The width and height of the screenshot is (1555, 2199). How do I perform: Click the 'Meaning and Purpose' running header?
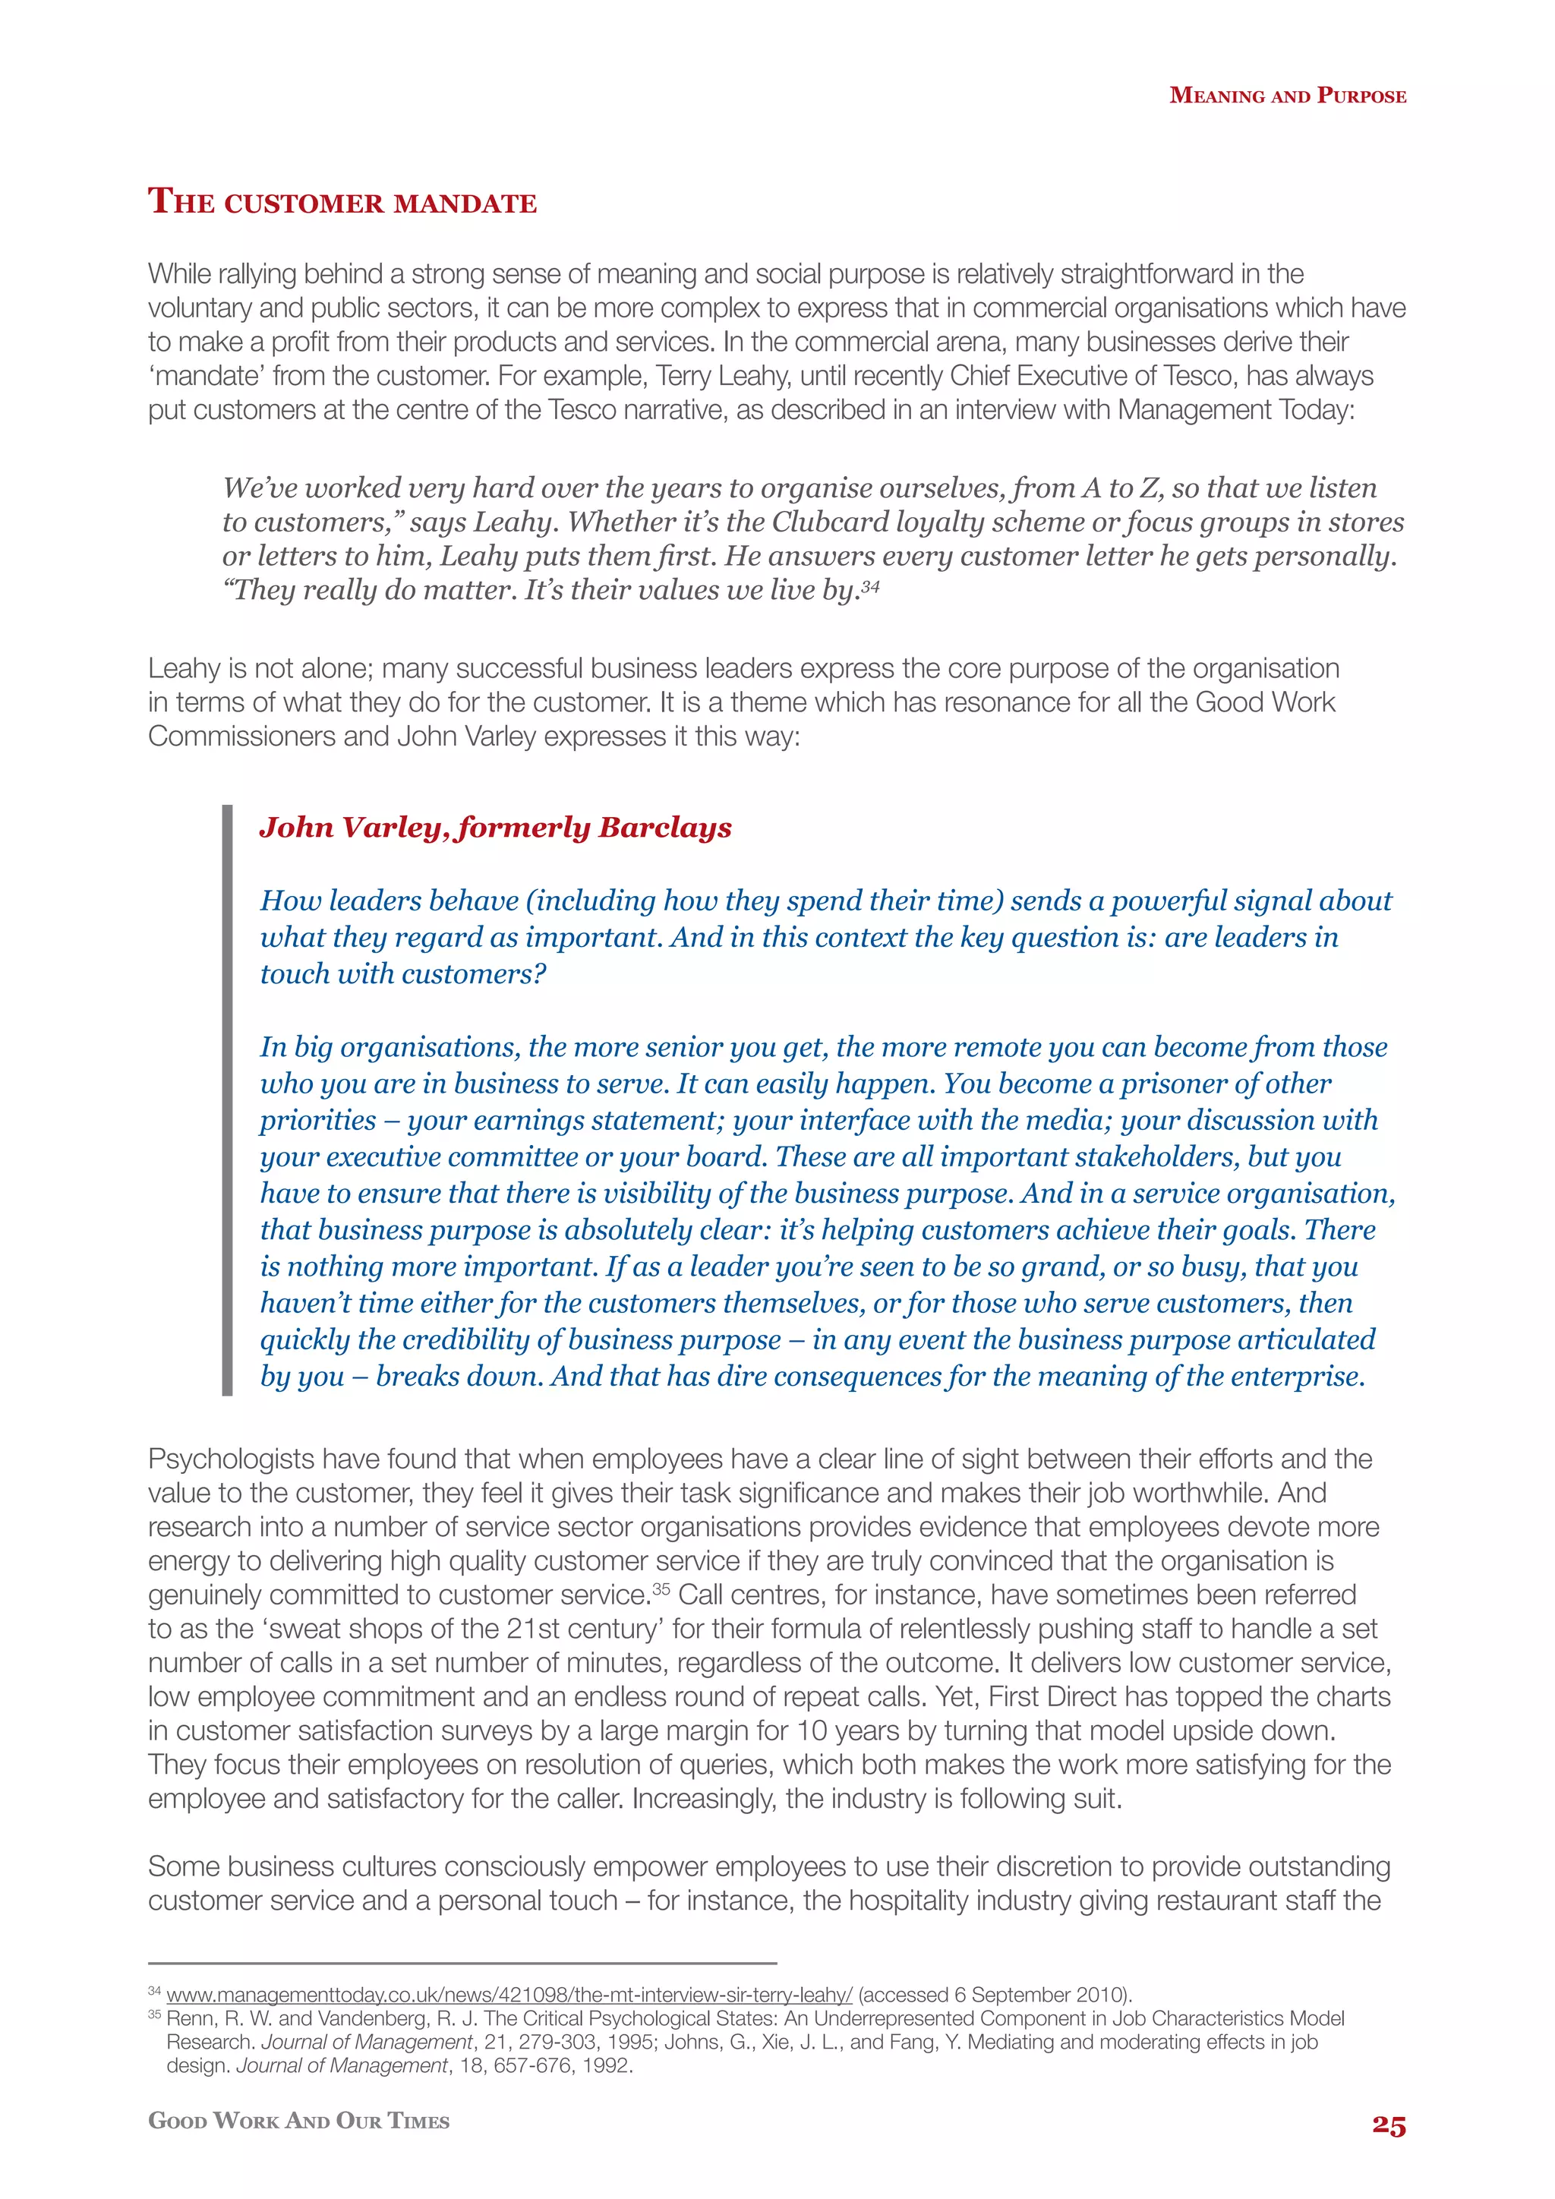1288,96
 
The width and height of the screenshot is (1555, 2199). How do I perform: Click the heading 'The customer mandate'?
342,202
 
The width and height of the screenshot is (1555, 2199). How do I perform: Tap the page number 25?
1389,2125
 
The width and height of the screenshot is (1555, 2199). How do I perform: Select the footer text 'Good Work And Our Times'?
298,2121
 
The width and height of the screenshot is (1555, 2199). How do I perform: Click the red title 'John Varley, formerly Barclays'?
495,828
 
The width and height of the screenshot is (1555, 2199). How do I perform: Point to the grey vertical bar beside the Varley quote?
227,1099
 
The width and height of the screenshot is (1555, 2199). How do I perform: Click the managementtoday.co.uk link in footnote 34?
509,1994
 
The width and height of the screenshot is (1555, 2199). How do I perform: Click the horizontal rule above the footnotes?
462,1962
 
